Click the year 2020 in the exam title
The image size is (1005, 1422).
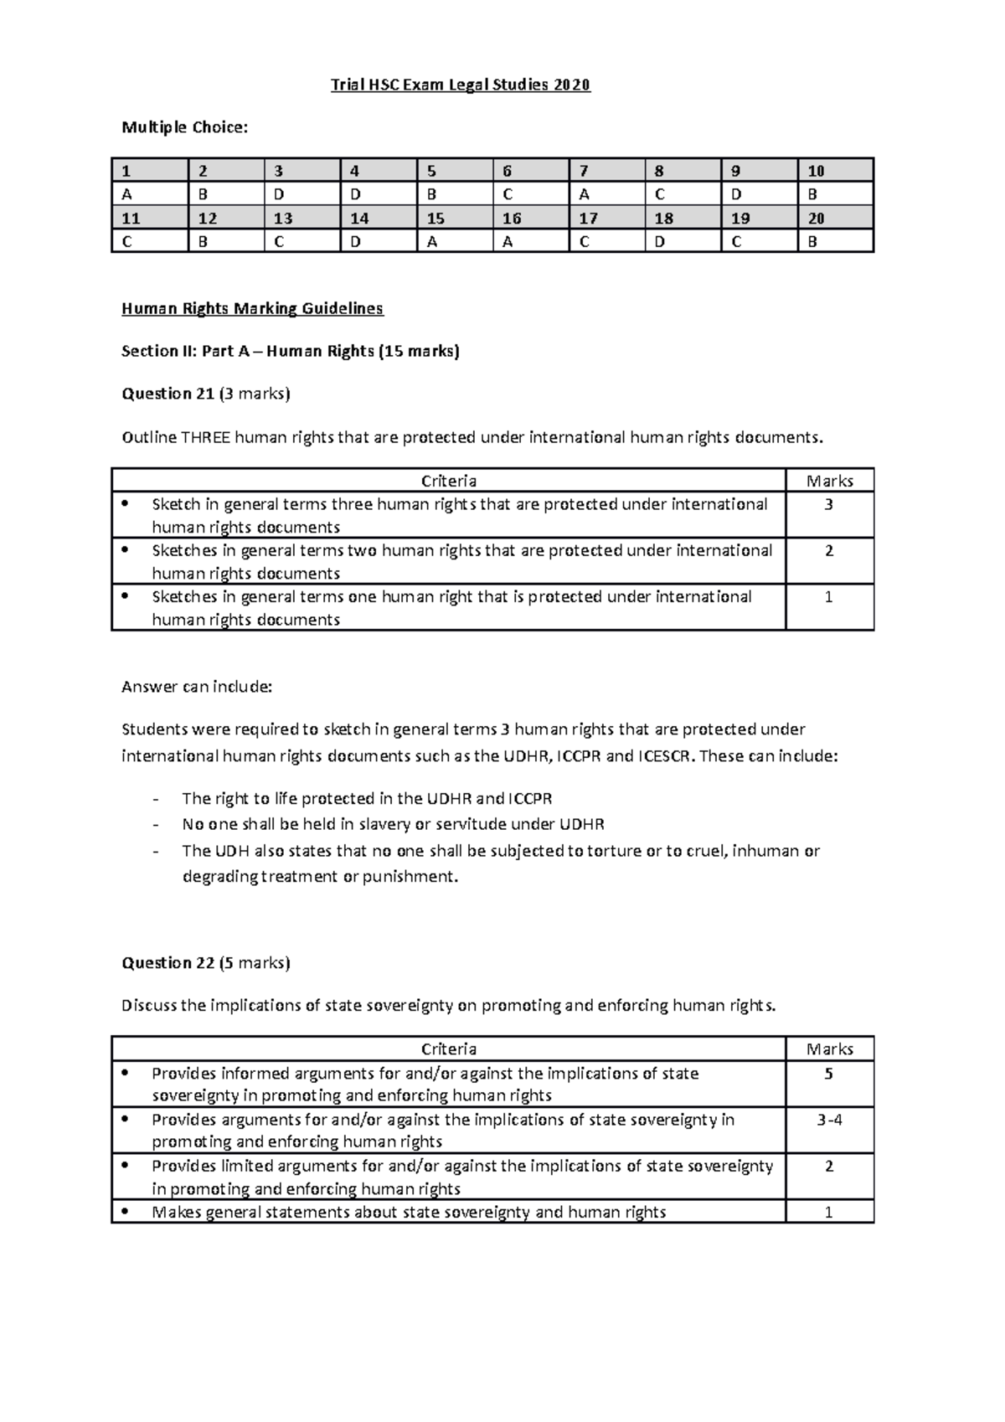570,85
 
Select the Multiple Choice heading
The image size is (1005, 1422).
184,127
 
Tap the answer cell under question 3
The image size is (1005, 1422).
301,194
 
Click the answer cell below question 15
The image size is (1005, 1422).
453,242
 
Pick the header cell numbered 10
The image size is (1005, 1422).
834,171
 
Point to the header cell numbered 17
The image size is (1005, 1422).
605,219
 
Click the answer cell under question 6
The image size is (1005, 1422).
529,194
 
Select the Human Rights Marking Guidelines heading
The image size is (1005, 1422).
252,308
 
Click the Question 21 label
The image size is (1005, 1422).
168,394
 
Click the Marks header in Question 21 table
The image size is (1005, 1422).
829,481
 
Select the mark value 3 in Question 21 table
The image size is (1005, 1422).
829,504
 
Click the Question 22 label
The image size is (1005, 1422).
168,962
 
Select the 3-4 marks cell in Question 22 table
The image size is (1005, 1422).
829,1120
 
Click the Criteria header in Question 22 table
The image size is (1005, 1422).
449,1049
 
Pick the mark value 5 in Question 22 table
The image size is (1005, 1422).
829,1074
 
